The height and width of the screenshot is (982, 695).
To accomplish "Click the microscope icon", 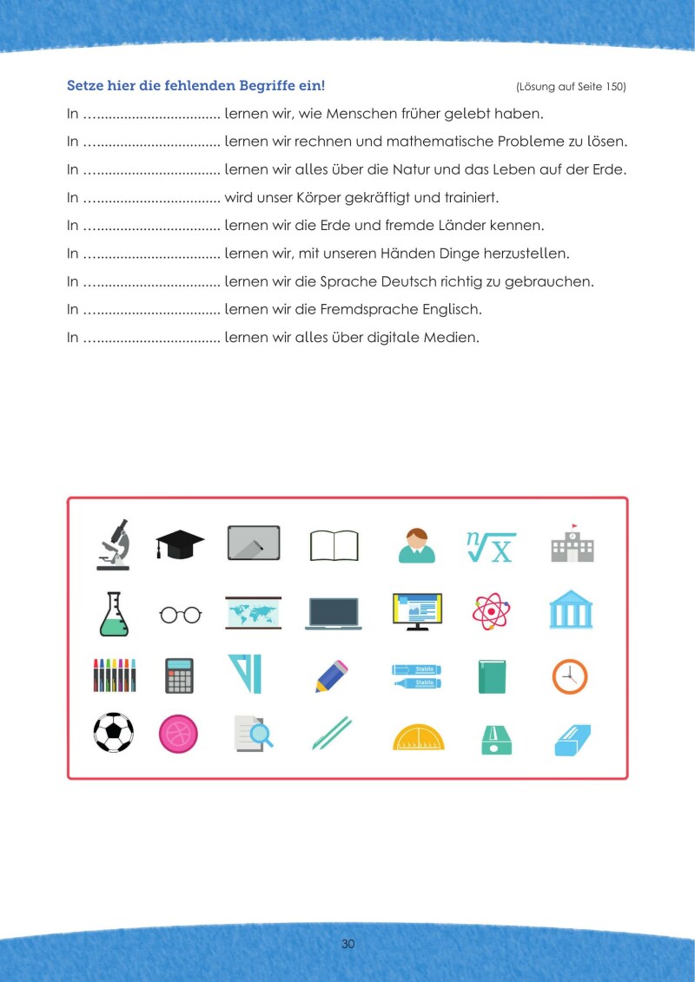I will tap(113, 544).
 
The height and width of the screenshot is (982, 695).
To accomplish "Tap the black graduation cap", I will tap(180, 544).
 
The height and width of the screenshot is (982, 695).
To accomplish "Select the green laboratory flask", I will tap(113, 614).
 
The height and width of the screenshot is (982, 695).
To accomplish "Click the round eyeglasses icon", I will tap(180, 615).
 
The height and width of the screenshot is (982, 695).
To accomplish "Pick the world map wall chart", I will tap(253, 612).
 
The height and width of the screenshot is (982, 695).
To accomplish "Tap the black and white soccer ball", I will tap(113, 732).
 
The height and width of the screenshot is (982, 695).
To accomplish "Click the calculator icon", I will tap(180, 676).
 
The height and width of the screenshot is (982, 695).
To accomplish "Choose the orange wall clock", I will tap(570, 676).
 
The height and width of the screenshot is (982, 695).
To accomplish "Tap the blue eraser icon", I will tap(573, 738).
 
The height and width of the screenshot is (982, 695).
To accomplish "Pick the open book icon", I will tap(334, 546).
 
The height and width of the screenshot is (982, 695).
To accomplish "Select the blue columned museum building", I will tap(571, 611).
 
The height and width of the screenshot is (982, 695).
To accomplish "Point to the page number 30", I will tap(347, 945).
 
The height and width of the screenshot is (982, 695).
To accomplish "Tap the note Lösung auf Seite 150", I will tap(570, 87).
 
